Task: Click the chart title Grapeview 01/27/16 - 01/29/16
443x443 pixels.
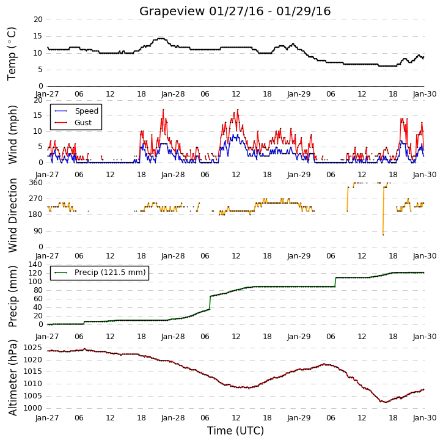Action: pyautogui.click(x=235, y=11)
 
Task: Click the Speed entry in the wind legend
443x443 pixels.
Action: pyautogui.click(x=76, y=111)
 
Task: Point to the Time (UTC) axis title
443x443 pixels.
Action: pyautogui.click(x=235, y=431)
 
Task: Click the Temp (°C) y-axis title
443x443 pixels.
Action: pyautogui.click(x=12, y=54)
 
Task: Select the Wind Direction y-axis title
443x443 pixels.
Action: pyautogui.click(x=12, y=215)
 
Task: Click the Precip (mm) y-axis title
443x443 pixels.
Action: pyautogui.click(x=12, y=296)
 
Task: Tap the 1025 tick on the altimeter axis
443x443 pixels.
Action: pyautogui.click(x=33, y=348)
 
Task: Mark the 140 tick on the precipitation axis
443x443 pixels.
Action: pyautogui.click(x=35, y=265)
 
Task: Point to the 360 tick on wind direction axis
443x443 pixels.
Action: pyautogui.click(x=35, y=183)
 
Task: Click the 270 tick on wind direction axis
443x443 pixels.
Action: pyautogui.click(x=35, y=199)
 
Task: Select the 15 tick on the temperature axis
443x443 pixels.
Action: pyautogui.click(x=38, y=36)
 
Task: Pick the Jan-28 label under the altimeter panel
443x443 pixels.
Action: pyautogui.click(x=173, y=417)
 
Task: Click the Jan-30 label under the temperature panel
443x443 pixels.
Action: pyautogui.click(x=425, y=94)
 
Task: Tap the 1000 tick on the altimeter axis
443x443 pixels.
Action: pyautogui.click(x=33, y=408)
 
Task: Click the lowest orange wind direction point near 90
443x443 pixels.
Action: pyautogui.click(x=383, y=235)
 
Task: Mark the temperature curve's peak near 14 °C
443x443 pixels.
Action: pyautogui.click(x=161, y=38)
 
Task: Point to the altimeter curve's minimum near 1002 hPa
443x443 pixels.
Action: pyautogui.click(x=386, y=402)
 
